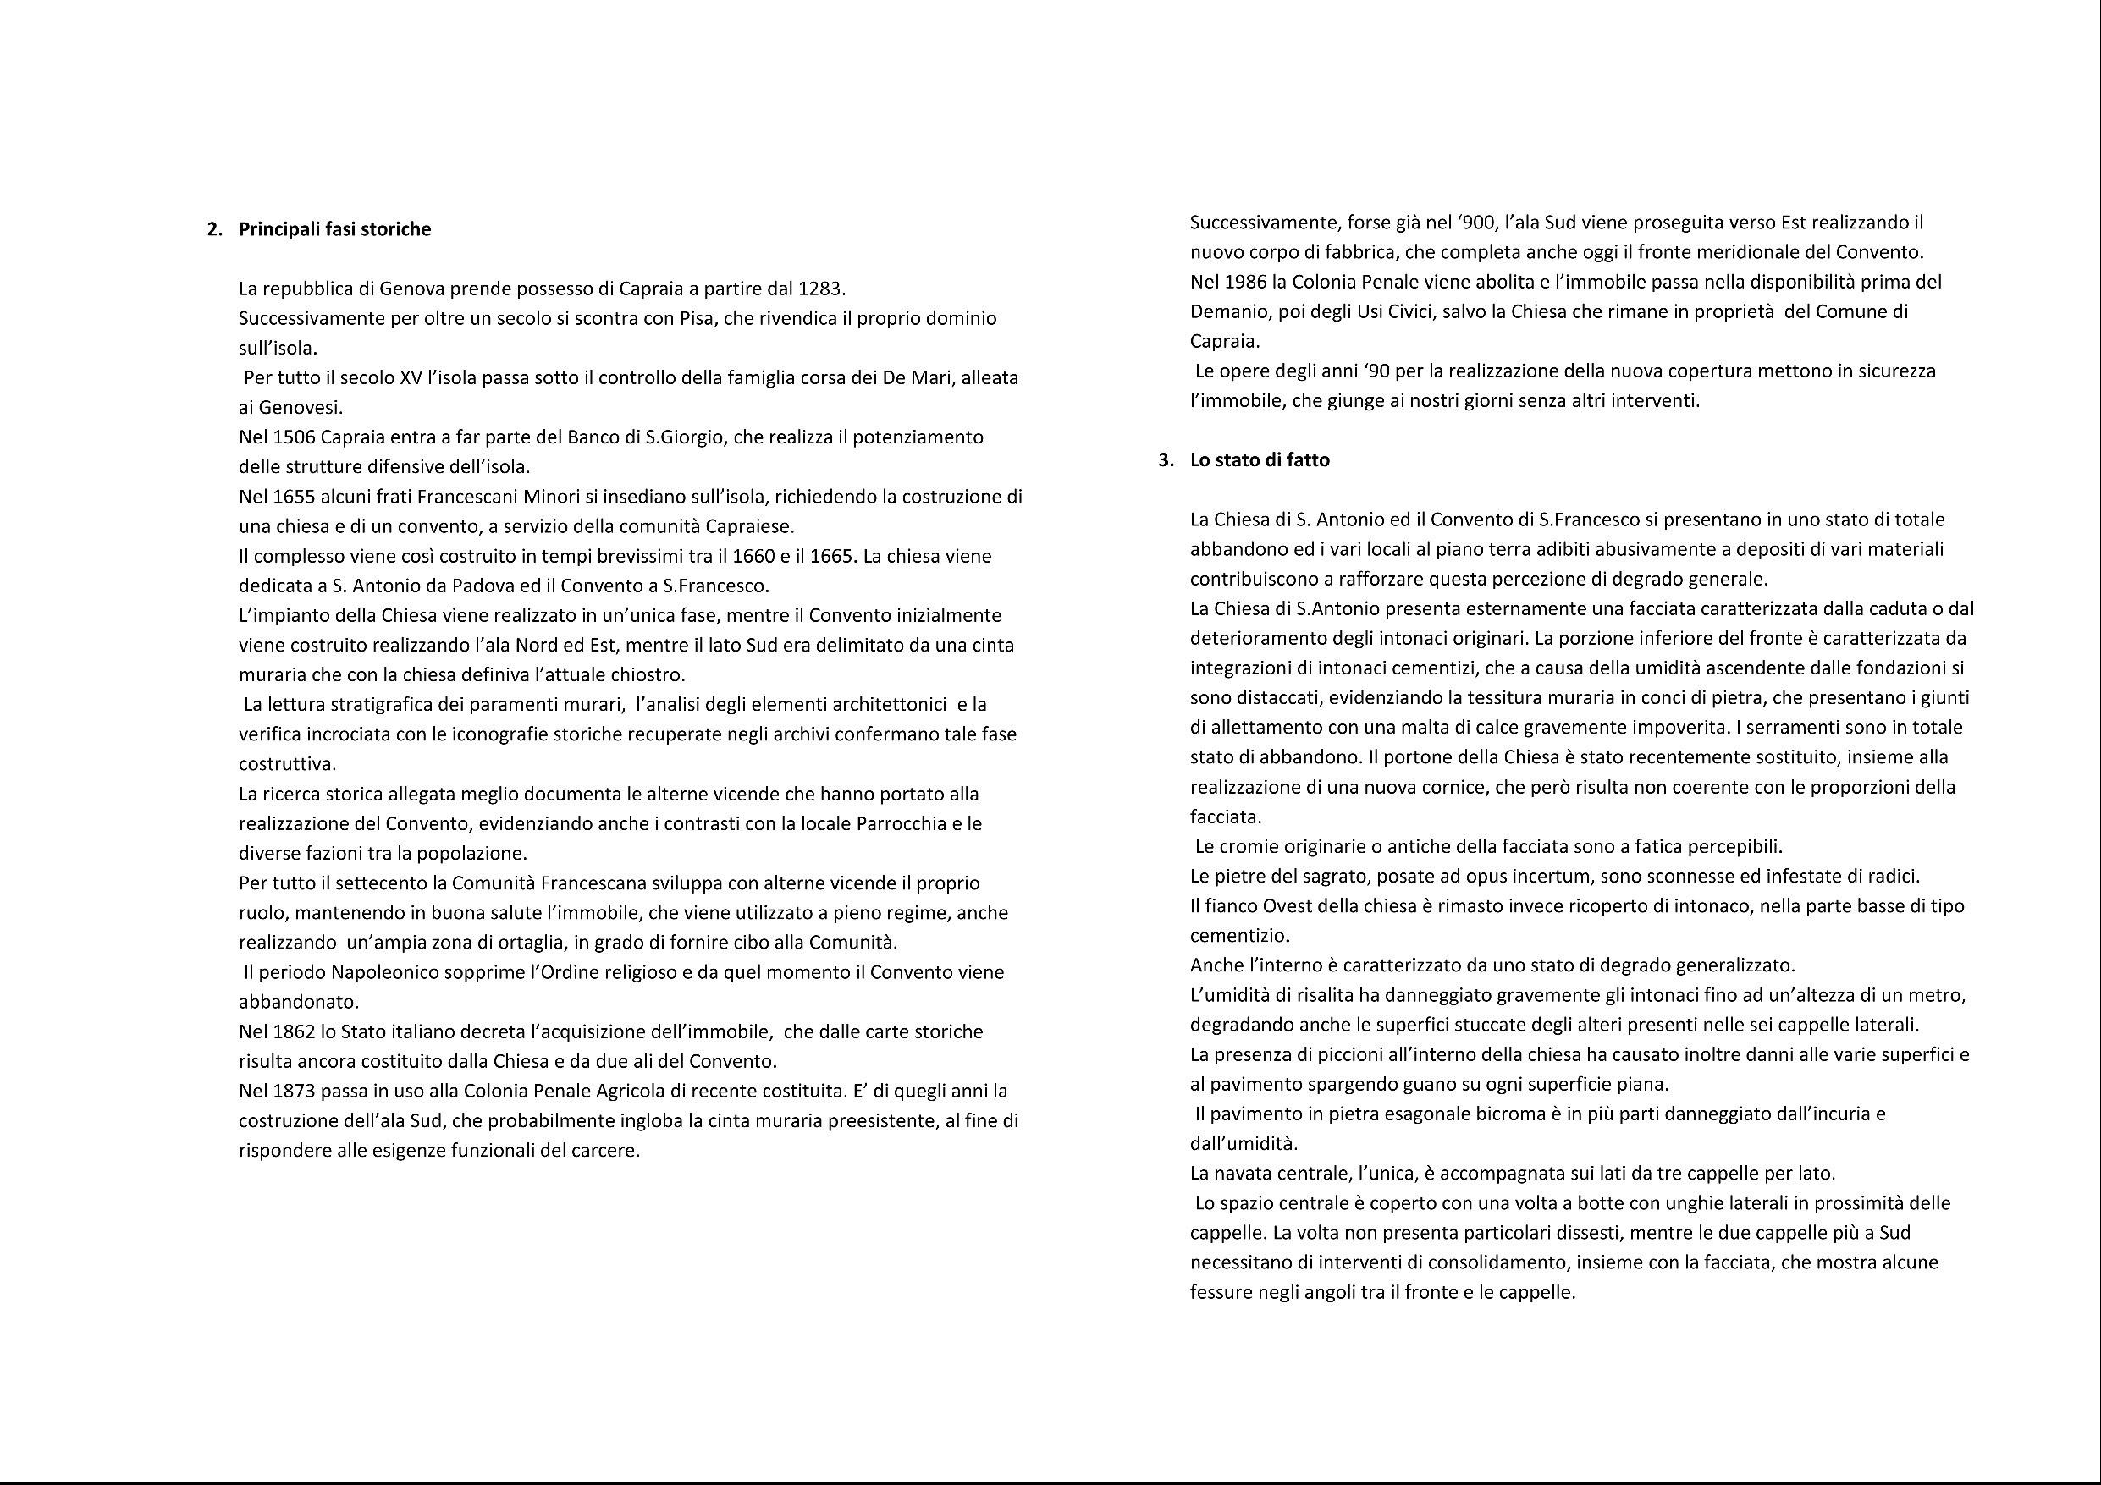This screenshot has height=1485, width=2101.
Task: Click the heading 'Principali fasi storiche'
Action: point(334,228)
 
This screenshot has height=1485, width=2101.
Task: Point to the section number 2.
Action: point(214,228)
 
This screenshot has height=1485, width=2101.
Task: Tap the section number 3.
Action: point(1165,459)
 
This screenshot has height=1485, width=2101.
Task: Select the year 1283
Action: point(820,289)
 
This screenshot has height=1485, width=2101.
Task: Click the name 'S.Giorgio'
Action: point(686,437)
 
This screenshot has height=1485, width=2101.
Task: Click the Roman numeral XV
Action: point(411,378)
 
